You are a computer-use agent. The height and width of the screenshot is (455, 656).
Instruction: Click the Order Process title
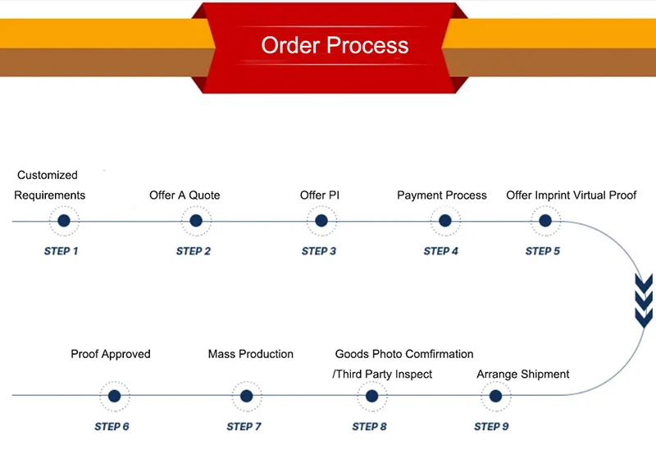[335, 44]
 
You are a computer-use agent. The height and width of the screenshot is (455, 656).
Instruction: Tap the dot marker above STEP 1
[64, 221]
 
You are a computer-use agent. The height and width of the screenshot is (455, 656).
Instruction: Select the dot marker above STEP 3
[321, 221]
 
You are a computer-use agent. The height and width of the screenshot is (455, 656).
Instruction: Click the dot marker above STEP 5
[544, 221]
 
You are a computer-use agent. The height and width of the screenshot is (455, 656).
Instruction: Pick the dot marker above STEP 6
[114, 396]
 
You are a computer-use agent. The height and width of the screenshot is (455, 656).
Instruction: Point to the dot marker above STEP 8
[371, 396]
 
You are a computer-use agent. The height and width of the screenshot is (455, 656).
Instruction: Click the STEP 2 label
[194, 251]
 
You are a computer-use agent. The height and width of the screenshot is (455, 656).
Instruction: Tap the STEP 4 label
[441, 251]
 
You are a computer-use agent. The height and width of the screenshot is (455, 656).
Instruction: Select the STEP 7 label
[244, 426]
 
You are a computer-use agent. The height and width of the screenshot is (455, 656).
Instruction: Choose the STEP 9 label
[492, 426]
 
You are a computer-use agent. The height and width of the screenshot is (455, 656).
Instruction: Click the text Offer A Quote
[184, 195]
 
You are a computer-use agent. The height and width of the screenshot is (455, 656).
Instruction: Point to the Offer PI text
[320, 195]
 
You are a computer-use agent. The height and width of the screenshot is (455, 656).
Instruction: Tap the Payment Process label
[442, 195]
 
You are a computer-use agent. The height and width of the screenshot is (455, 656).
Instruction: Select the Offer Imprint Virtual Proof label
[572, 195]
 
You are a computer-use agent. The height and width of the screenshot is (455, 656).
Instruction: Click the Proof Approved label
[111, 354]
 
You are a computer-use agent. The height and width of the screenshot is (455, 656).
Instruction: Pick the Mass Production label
[251, 354]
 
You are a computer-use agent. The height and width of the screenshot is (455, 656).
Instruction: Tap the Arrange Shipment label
[523, 375]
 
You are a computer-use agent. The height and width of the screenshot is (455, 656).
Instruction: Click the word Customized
[48, 175]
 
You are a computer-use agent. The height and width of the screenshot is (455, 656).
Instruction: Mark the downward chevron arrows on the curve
[645, 300]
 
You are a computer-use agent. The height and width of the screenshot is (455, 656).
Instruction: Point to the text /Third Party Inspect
[382, 375]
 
